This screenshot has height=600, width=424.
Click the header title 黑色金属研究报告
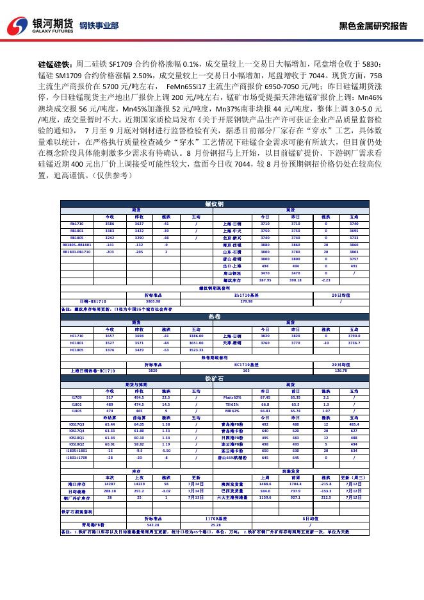click(x=373, y=26)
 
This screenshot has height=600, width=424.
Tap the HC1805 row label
click(x=77, y=350)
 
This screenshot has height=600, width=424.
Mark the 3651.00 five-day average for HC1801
click(x=197, y=343)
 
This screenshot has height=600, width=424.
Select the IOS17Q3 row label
click(x=77, y=424)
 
